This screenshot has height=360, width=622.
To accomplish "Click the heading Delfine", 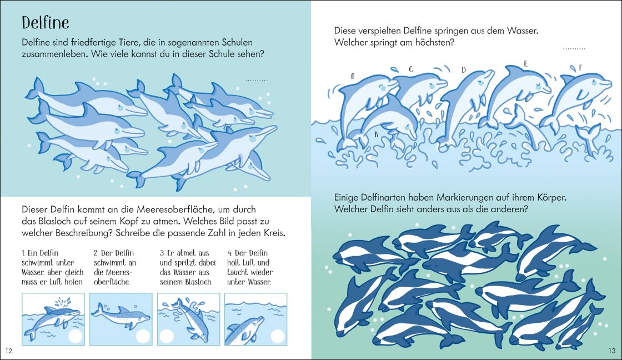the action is [45, 23].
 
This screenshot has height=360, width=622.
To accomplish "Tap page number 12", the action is [9, 351].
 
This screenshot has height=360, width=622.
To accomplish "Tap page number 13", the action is [611, 351].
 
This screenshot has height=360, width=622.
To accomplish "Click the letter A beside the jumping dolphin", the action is [353, 76].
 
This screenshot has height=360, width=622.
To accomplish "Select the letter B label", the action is [376, 135].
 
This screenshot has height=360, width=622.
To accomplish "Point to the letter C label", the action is [411, 69].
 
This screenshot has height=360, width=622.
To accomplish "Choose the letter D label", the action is [463, 70].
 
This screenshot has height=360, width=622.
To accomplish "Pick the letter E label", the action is [525, 64].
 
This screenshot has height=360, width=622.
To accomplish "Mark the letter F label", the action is [580, 68].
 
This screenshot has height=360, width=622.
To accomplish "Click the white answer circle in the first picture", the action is [76, 336].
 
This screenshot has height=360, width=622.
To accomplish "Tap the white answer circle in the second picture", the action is [143, 336].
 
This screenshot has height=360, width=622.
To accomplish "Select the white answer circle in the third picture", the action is [167, 336].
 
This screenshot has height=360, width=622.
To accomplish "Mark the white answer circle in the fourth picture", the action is [278, 336].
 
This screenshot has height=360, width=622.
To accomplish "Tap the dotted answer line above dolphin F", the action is [574, 49].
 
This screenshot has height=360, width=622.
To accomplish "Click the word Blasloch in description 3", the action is [198, 282].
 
